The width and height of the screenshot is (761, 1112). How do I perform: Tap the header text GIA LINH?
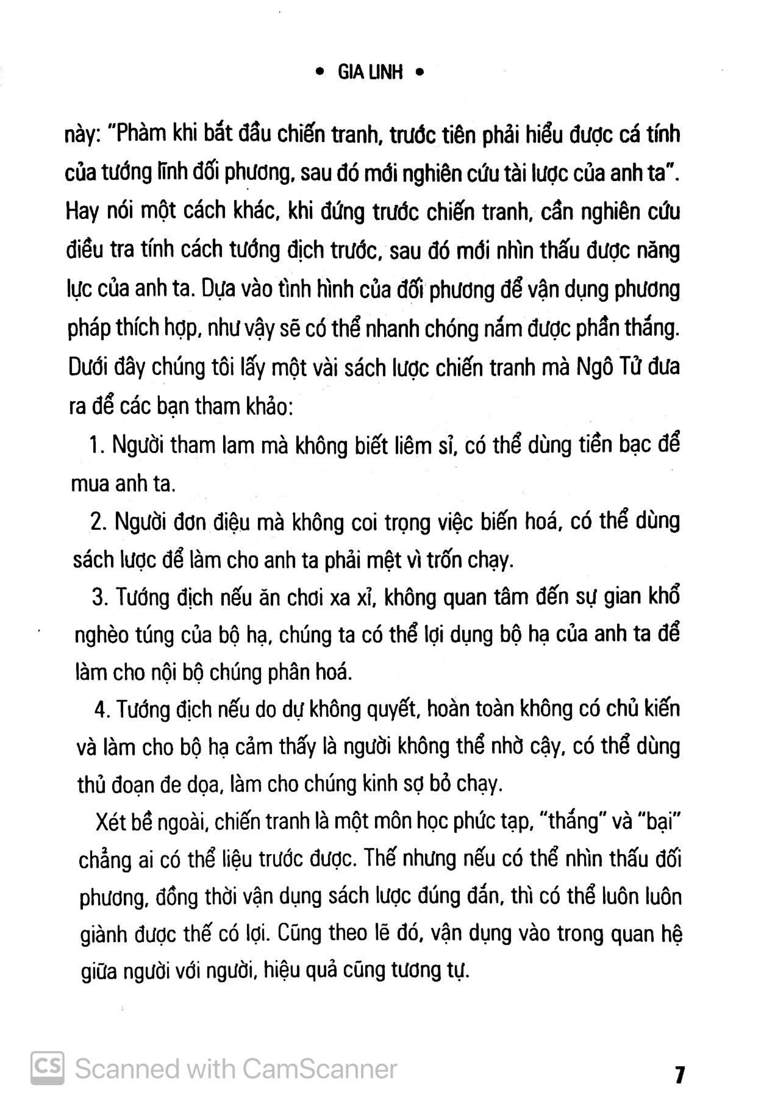(370, 73)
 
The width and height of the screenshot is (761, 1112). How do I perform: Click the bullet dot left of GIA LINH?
(320, 73)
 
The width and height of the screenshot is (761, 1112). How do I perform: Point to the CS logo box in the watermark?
(48, 1069)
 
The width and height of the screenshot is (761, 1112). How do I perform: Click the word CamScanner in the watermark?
(320, 1069)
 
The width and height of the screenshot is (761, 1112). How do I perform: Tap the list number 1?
(95, 446)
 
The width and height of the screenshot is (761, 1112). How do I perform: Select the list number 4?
(102, 710)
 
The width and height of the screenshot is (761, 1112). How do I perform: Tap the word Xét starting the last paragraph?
(110, 821)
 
